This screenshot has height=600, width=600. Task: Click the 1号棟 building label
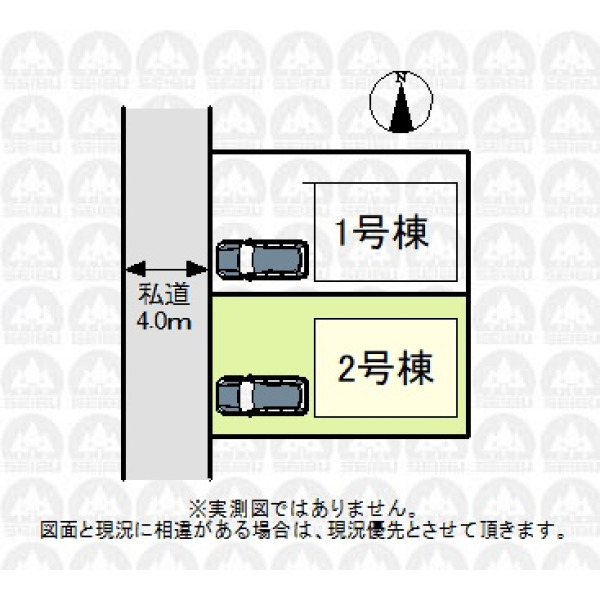coord(381,232)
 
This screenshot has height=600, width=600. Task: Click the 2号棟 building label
coord(385,368)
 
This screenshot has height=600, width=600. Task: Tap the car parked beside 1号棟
coord(262,259)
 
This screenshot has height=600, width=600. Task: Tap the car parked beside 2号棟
coord(262,396)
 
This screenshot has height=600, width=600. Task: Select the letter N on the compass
coord(401,77)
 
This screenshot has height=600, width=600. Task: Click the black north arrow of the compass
coord(401,109)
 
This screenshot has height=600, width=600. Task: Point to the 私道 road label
coord(164,295)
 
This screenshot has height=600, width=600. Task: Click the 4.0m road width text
coord(164,322)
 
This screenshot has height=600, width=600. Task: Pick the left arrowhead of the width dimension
coord(136,269)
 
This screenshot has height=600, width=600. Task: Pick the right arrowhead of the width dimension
coord(196,269)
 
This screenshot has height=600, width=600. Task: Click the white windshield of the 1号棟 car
coord(246,259)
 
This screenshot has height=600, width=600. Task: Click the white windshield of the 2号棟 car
coord(246,396)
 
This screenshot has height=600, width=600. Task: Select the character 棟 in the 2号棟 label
coord(416,368)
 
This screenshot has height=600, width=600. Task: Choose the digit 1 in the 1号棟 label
coord(343,233)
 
